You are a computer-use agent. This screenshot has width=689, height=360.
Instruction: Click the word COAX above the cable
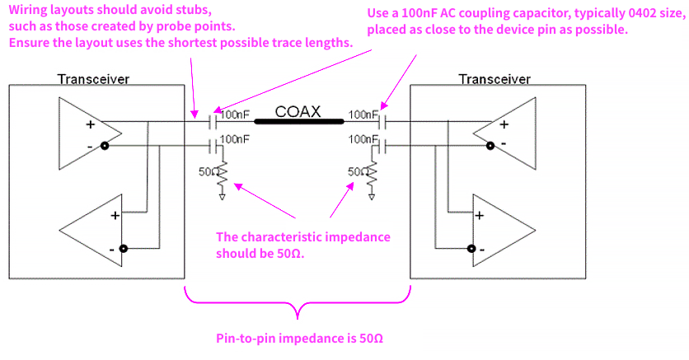[298, 111]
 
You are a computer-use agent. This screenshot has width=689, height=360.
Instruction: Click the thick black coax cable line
[298, 123]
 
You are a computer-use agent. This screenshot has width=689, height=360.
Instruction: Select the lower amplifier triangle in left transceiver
[91, 231]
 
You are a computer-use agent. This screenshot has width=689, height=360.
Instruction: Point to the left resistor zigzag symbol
[222, 173]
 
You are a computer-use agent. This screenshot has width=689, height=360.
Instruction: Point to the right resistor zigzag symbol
[373, 173]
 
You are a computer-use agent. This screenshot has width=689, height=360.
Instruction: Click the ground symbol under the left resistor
[222, 197]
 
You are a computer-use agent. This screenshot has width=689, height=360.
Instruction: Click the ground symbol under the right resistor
[373, 197]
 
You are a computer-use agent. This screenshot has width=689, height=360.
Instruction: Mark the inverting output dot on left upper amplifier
[105, 147]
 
